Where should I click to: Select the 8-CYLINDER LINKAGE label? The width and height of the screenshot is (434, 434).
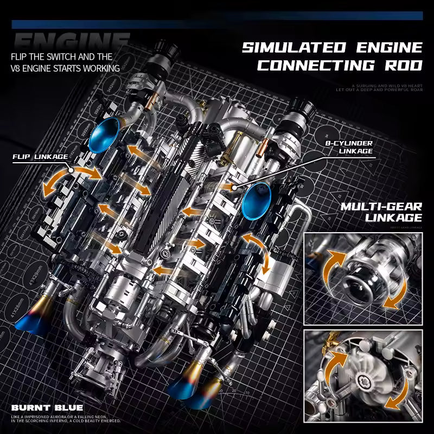[x=348, y=148]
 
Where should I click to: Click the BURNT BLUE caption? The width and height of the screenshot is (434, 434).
[x=47, y=407]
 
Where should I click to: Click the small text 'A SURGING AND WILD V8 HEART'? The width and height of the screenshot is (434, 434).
[x=386, y=85]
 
